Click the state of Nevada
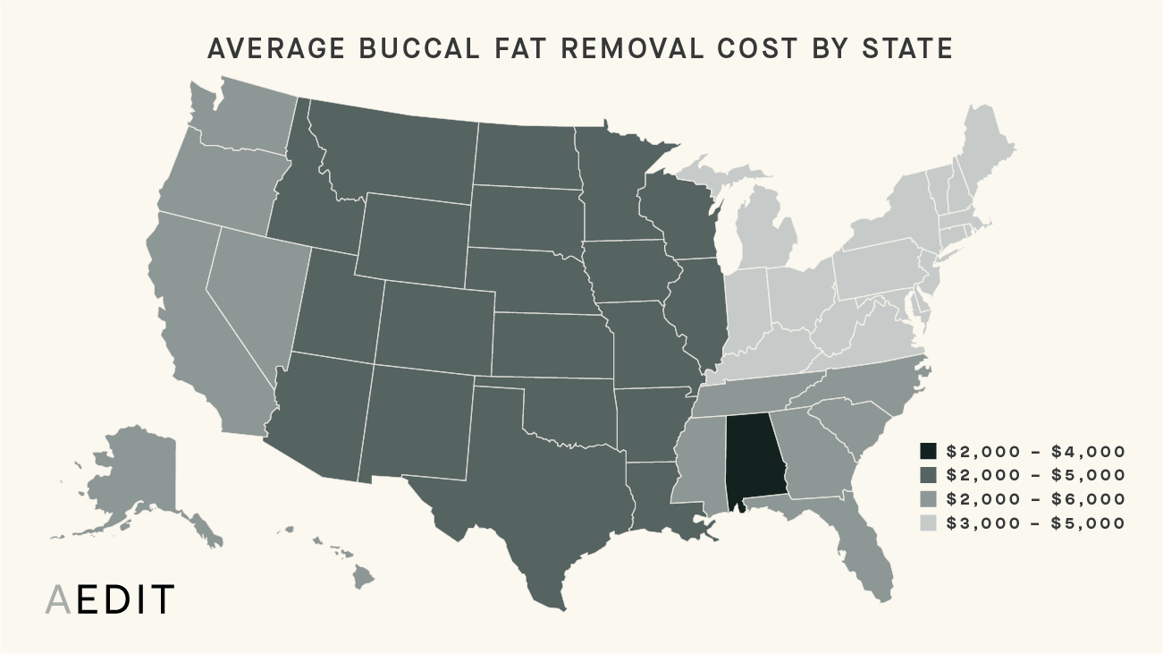[255, 286]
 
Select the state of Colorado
[434, 327]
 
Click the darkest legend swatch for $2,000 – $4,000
[929, 451]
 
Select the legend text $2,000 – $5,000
[1035, 475]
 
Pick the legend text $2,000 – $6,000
[1035, 499]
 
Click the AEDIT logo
[110, 600]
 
